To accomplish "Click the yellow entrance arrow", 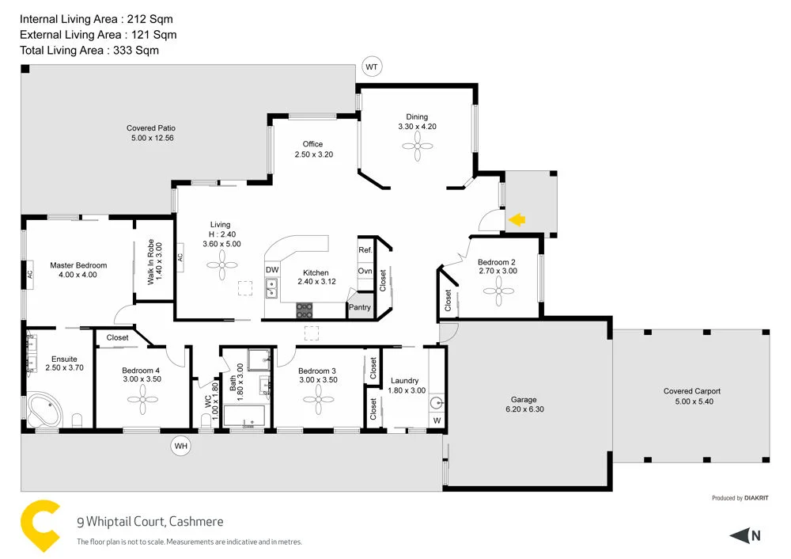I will click(517, 220).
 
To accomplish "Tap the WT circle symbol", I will click(372, 67).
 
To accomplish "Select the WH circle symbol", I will click(181, 447).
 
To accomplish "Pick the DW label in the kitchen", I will click(272, 270).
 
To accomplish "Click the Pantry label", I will click(360, 307).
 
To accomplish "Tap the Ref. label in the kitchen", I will click(365, 250).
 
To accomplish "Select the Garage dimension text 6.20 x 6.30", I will click(523, 409).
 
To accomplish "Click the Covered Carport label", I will click(691, 391).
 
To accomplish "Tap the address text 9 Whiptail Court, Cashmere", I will click(149, 522).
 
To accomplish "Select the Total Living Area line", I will click(89, 50).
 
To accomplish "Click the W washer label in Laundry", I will click(437, 420).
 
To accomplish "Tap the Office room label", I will click(312, 144).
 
